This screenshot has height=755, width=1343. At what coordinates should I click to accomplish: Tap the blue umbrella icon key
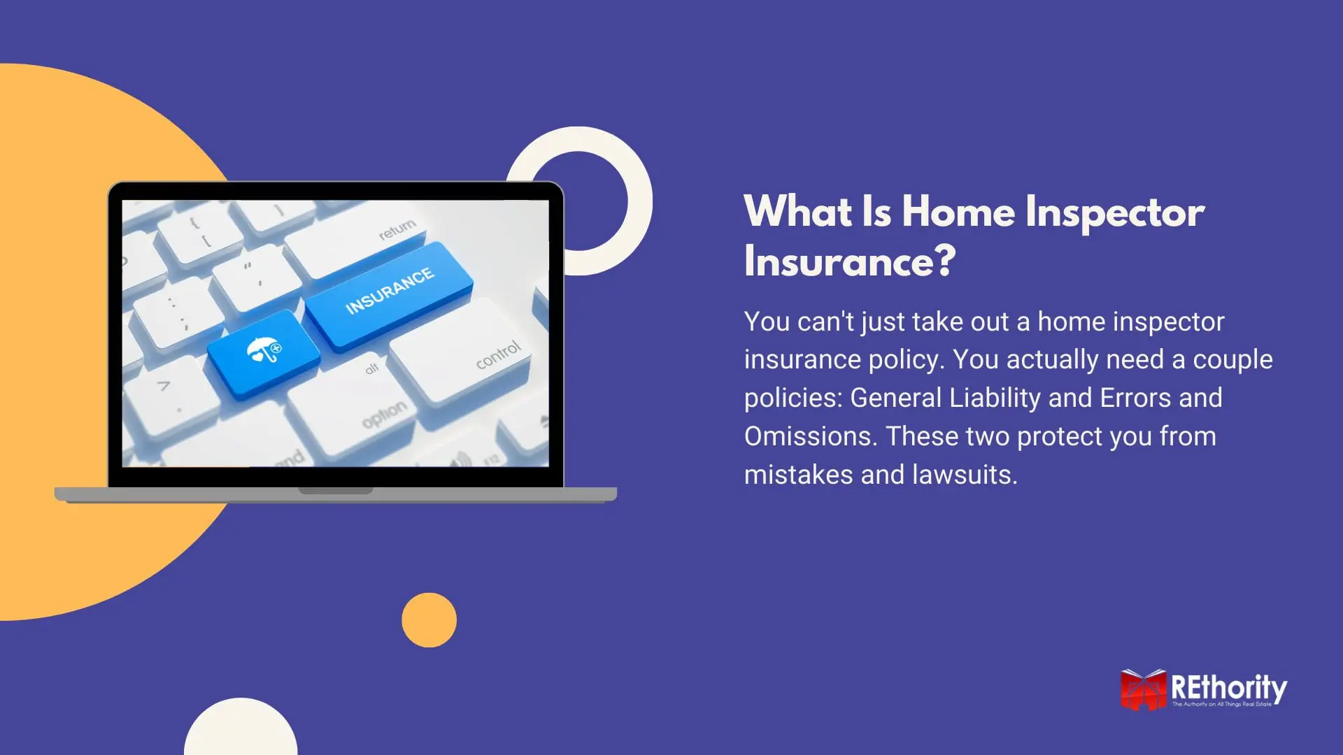(263, 353)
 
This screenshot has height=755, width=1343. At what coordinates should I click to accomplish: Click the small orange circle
(429, 620)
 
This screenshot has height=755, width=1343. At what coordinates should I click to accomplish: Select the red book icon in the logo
(1143, 690)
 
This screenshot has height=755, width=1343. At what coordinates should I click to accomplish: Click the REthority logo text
(1229, 688)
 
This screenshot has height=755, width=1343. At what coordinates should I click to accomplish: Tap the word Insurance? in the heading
(849, 261)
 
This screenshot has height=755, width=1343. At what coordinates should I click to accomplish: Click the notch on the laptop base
(336, 491)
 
